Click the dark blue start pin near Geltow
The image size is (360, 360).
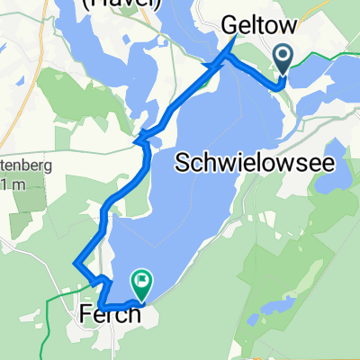pyautogui.click(x=283, y=59)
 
